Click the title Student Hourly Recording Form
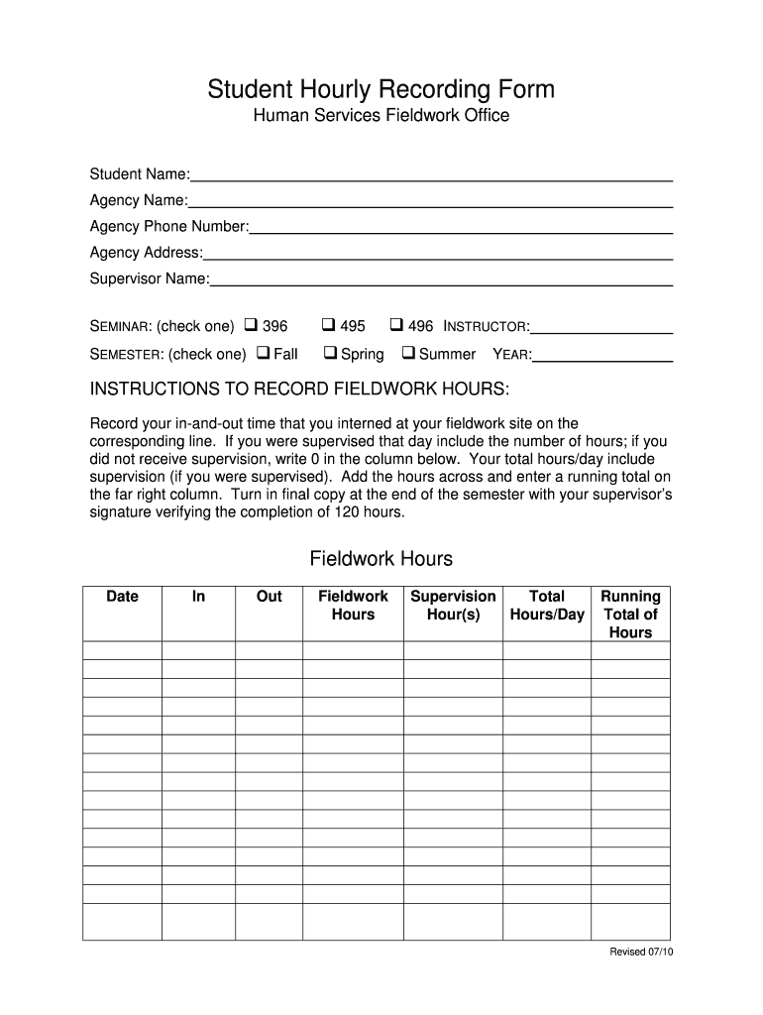pyautogui.click(x=381, y=90)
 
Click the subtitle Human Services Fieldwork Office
pyautogui.click(x=381, y=117)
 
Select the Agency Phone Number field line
pyautogui.click(x=461, y=229)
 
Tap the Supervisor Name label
pyautogui.click(x=149, y=279)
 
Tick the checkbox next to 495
pyautogui.click(x=328, y=324)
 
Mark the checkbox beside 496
pyautogui.click(x=395, y=324)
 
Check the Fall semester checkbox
pyautogui.click(x=263, y=352)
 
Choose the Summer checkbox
pyautogui.click(x=407, y=352)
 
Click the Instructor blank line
pyautogui.click(x=601, y=329)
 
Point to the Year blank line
pyautogui.click(x=603, y=357)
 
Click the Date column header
pyautogui.click(x=122, y=597)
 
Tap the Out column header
pyautogui.click(x=269, y=597)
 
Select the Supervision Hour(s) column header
pyautogui.click(x=453, y=606)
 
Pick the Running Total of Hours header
pyautogui.click(x=630, y=615)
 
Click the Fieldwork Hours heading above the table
pyautogui.click(x=381, y=559)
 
